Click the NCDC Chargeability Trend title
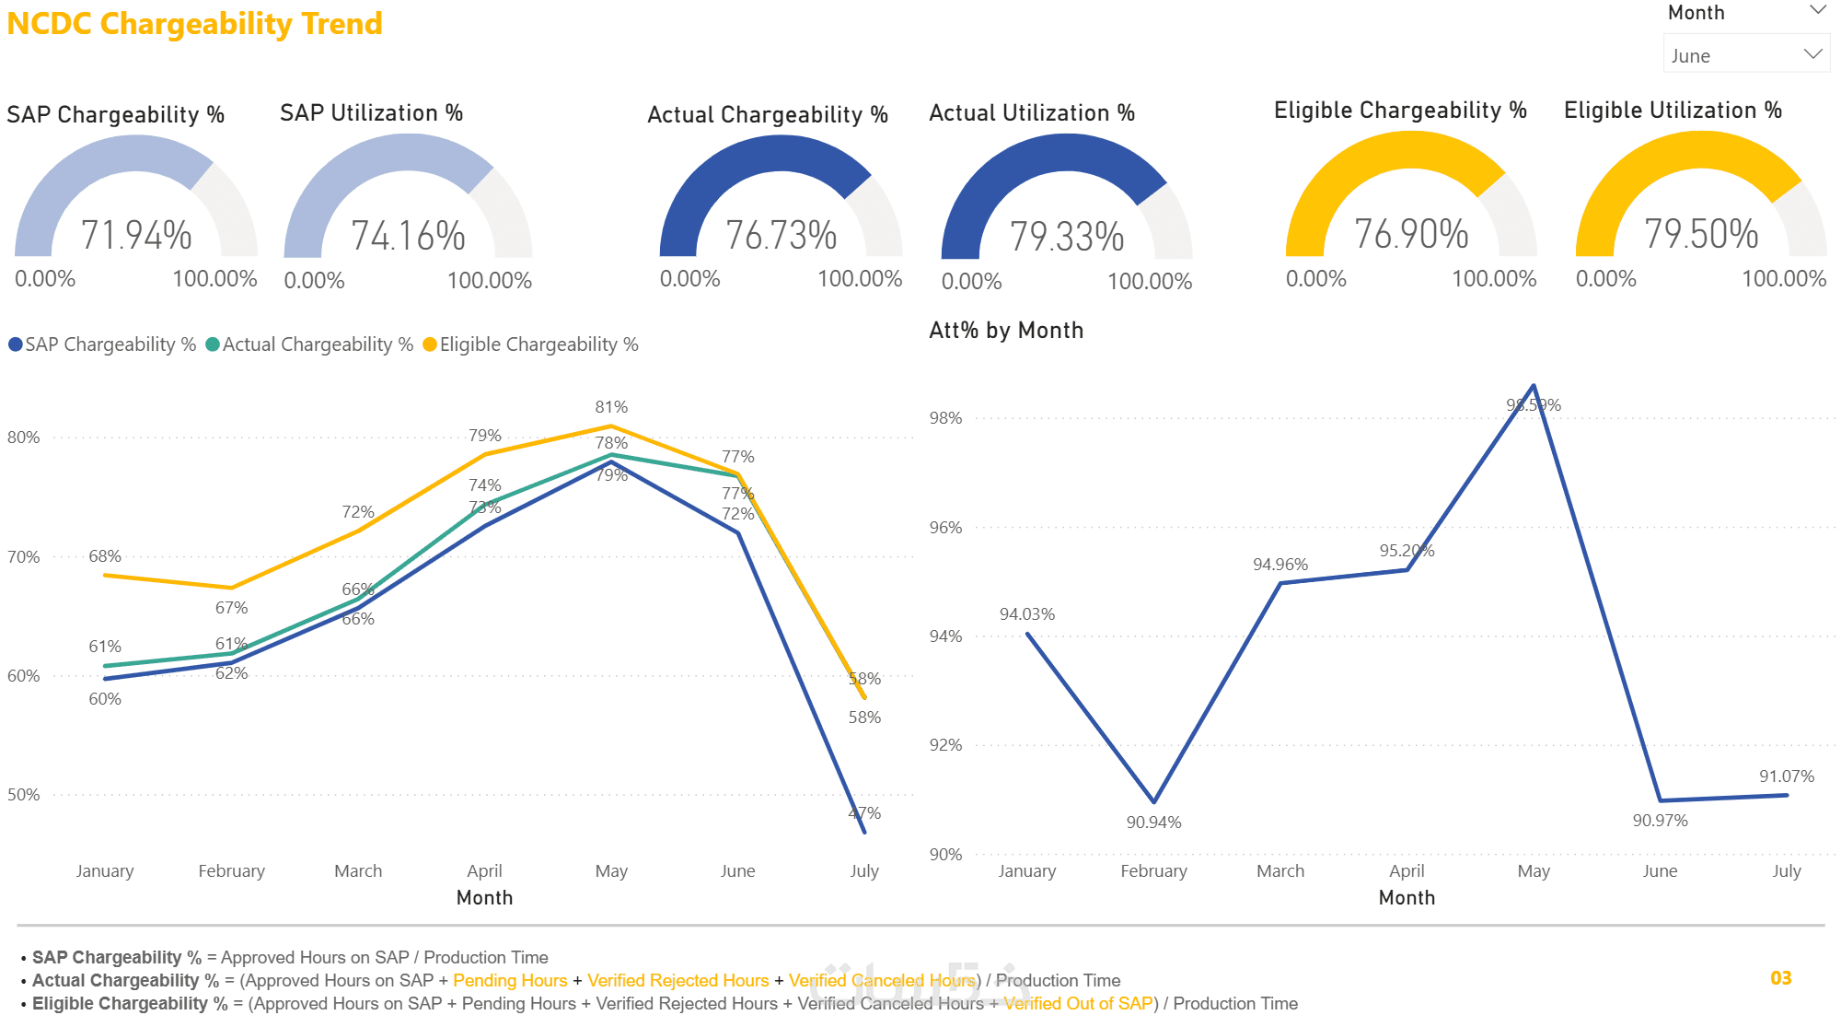194,24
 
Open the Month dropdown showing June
1745,55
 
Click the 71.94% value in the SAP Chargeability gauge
136,235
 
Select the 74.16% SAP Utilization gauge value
408,236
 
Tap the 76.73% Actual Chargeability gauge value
781,235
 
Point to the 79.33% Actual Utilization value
1066,237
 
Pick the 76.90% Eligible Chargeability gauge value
1410,234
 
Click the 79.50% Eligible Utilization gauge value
1700,234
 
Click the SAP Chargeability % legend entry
103,344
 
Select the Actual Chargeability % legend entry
309,344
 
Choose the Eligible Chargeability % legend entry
530,344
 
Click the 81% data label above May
611,407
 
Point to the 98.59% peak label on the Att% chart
1534,405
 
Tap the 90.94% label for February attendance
1153,823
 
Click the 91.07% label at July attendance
1786,776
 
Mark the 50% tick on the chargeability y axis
24,795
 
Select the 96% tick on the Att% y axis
945,528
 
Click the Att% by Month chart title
1006,331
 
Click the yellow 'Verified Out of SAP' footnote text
1078,1004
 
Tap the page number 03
1780,978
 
